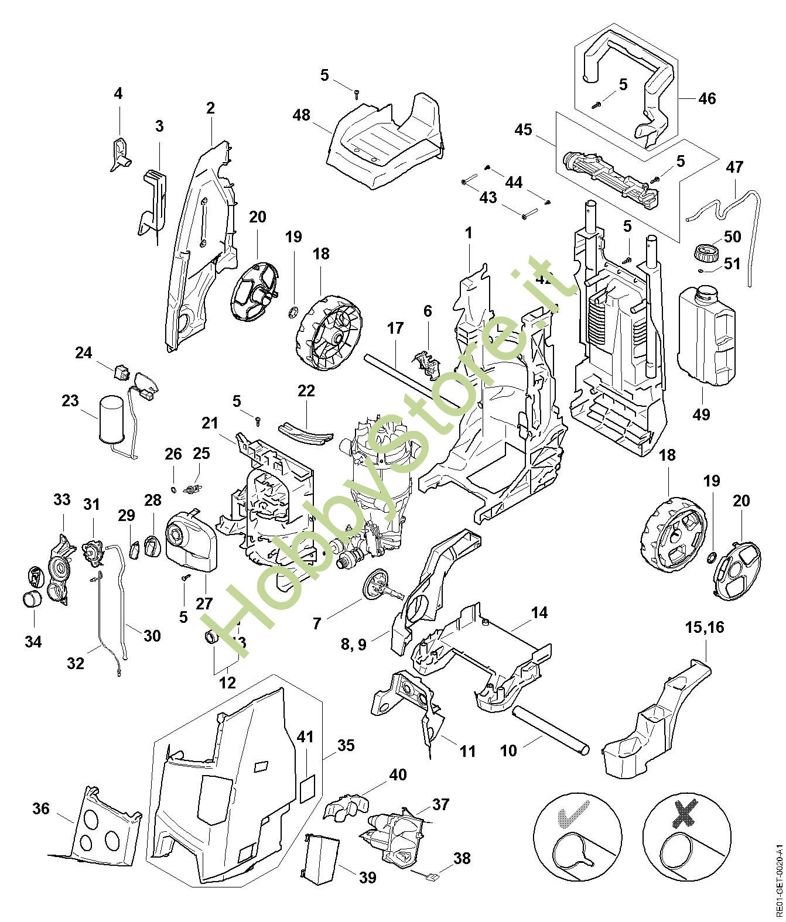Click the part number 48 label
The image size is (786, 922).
coord(301,115)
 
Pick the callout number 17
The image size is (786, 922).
coord(395,328)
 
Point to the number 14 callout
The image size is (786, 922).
coord(539,613)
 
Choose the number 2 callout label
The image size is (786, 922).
coord(210,108)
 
